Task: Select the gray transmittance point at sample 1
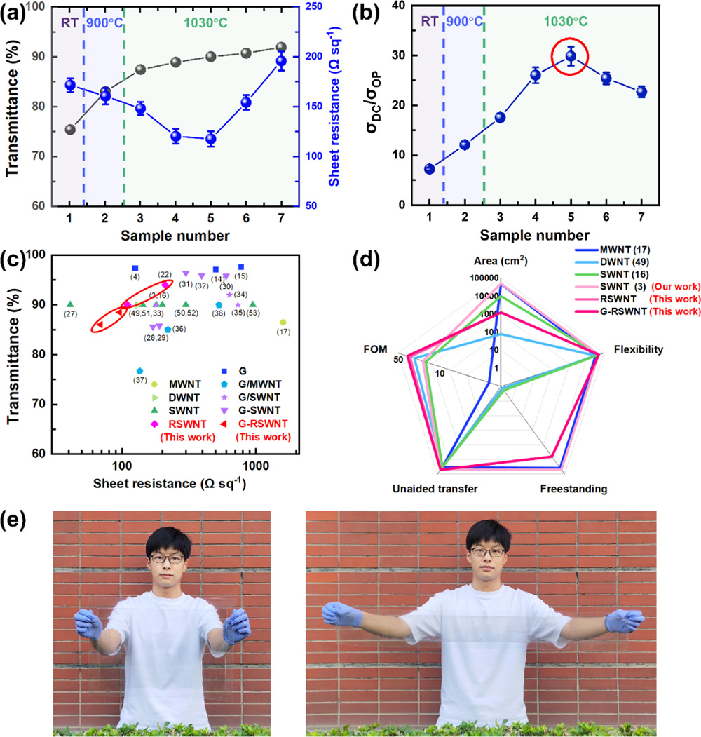tap(69, 130)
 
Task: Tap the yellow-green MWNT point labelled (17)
tap(283, 322)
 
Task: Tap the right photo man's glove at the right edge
tap(633, 620)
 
